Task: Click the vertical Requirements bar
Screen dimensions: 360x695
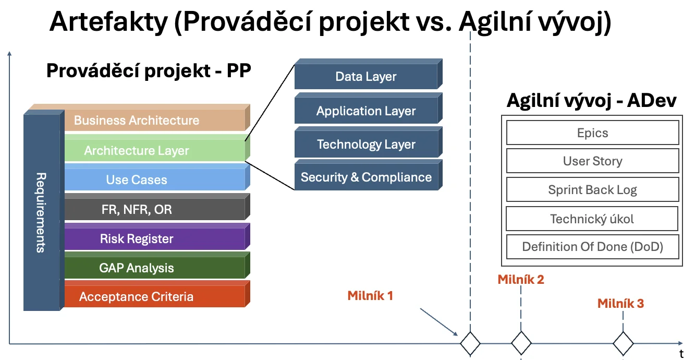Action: click(42, 211)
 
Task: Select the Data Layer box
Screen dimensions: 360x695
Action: click(366, 77)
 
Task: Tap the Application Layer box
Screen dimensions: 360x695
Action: click(366, 111)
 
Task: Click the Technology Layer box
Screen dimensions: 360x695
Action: click(366, 145)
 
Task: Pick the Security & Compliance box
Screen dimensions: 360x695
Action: click(366, 177)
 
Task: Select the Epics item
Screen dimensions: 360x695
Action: click(592, 133)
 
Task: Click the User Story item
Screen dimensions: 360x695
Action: click(592, 161)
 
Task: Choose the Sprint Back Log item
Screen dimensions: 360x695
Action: click(592, 189)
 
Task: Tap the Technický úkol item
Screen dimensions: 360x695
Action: click(592, 219)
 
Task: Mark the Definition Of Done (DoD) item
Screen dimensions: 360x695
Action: click(592, 247)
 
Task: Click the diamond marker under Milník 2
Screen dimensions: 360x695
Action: click(521, 343)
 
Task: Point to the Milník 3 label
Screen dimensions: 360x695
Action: click(620, 303)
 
